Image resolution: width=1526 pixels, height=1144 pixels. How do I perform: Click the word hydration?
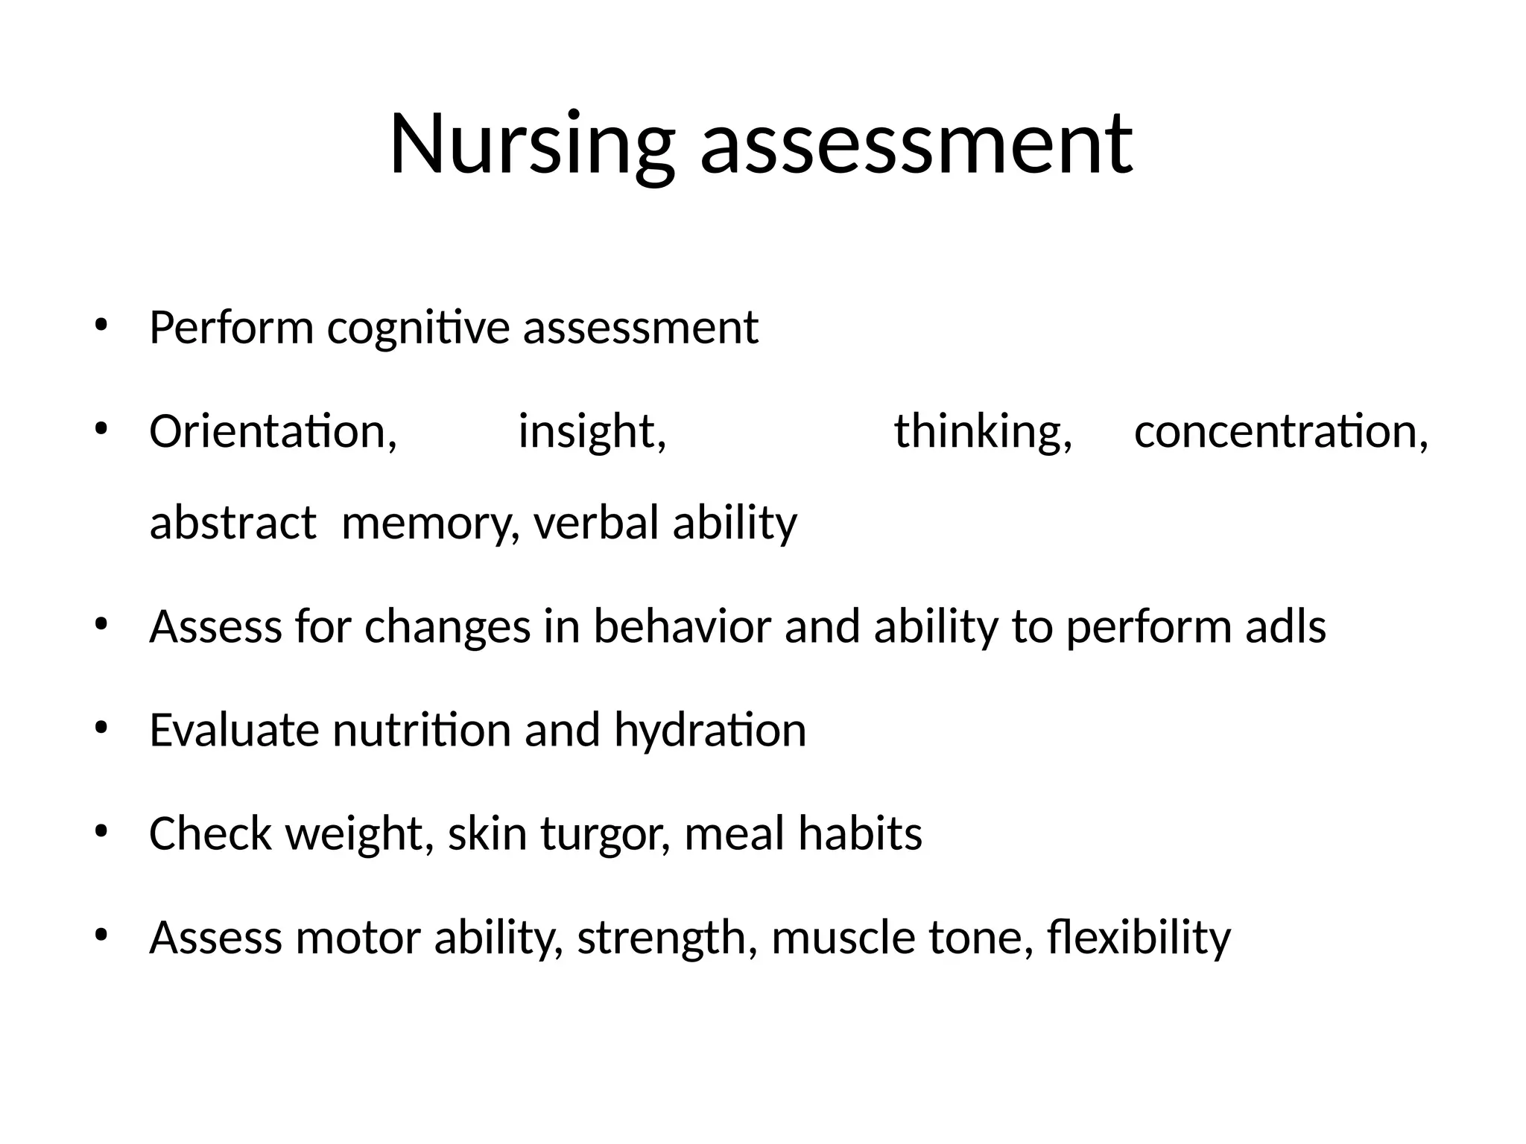click(x=710, y=731)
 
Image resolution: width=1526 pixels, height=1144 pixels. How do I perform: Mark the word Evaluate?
click(x=234, y=730)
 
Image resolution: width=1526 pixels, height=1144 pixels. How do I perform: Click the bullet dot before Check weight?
click(x=102, y=830)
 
